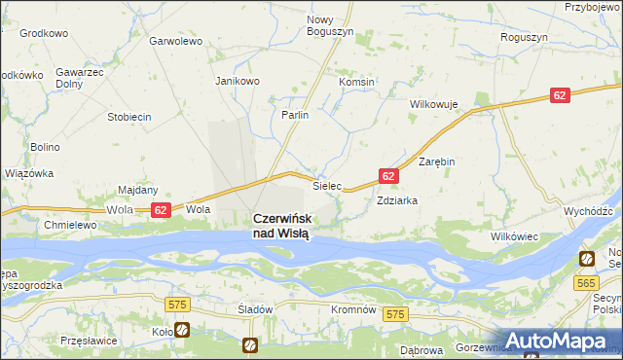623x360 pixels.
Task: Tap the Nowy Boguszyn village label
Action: point(331,25)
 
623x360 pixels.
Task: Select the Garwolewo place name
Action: point(175,42)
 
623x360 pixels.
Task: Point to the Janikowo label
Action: point(238,81)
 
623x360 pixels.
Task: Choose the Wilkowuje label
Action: point(434,102)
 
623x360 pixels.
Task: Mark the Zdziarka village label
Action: point(397,200)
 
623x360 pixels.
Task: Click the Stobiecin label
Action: point(128,117)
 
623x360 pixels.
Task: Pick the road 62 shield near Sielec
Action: point(387,176)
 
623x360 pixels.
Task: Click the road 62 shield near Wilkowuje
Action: point(558,95)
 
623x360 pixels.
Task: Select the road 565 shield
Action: point(585,282)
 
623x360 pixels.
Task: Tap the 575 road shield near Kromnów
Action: point(394,314)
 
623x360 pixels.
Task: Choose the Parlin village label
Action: point(295,115)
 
